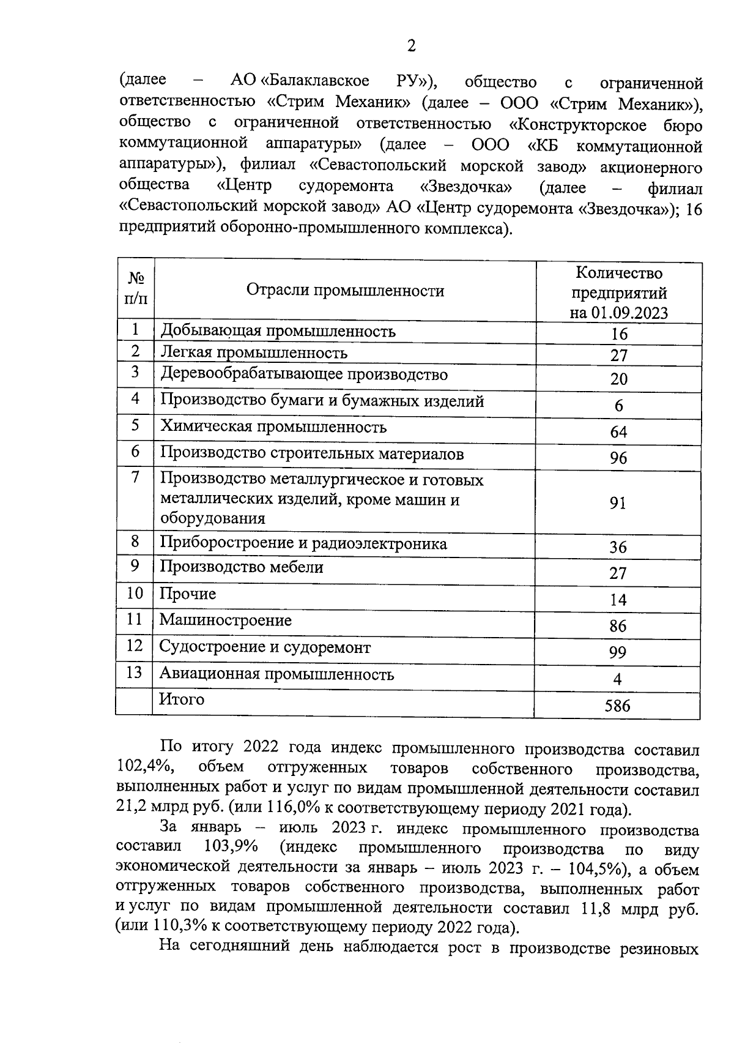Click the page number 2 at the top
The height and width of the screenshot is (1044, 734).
click(x=411, y=46)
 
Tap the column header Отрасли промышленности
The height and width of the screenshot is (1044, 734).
click(x=345, y=291)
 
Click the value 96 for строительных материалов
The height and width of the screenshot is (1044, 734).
click(x=618, y=458)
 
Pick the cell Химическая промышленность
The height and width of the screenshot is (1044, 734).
click(x=273, y=427)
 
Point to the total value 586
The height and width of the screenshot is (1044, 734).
click(x=617, y=706)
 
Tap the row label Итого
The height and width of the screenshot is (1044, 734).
click(x=182, y=699)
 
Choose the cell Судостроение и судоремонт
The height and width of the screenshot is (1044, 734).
click(x=265, y=647)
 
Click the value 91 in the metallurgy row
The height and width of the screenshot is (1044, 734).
click(x=618, y=503)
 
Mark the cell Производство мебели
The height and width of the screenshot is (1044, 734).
click(x=242, y=567)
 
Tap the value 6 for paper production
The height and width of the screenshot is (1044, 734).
click(x=619, y=406)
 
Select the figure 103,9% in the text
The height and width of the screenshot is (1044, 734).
click(x=228, y=848)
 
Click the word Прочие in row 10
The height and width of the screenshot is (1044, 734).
click(x=188, y=594)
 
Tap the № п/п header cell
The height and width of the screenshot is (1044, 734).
click(x=136, y=288)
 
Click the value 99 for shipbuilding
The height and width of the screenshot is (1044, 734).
click(x=618, y=652)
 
